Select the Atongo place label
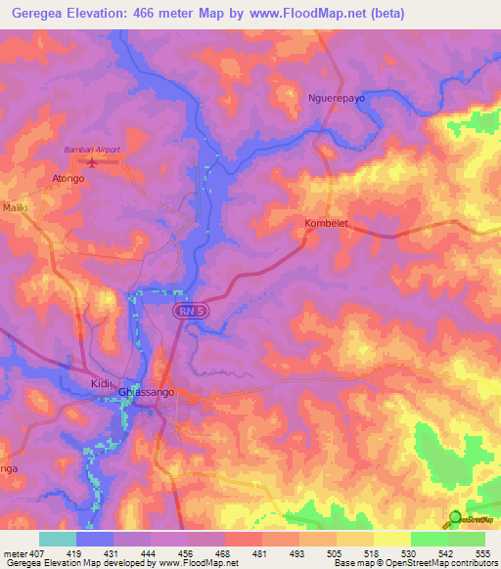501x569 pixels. [68, 179]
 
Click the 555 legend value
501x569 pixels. [481, 552]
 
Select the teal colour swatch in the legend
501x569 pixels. [58, 539]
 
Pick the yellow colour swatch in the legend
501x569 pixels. [392, 539]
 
